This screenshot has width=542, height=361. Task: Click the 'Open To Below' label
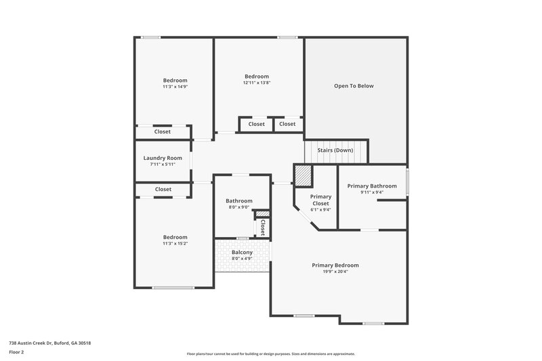click(354, 86)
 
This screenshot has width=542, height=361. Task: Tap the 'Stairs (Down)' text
click(335, 150)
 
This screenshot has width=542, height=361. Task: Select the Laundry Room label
click(163, 158)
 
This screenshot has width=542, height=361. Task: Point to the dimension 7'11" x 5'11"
click(163, 165)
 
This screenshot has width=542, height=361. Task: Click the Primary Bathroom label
click(372, 186)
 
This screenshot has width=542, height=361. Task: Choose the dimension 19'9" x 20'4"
click(335, 272)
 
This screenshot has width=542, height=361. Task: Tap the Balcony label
click(242, 252)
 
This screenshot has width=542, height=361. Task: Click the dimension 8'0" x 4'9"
click(242, 259)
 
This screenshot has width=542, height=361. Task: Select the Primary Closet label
click(320, 199)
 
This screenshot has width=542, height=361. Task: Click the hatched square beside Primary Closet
click(301, 175)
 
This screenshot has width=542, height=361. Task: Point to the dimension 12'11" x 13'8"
click(257, 83)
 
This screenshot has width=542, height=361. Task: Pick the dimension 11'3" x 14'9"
click(175, 87)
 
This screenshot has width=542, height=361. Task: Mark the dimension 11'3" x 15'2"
click(175, 244)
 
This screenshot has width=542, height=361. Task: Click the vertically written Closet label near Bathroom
click(262, 228)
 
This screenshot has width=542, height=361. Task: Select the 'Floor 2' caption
click(17, 352)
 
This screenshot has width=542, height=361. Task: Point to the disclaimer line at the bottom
click(270, 354)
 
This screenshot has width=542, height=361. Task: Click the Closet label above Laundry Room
click(163, 131)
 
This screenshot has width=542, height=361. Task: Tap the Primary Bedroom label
click(335, 265)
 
